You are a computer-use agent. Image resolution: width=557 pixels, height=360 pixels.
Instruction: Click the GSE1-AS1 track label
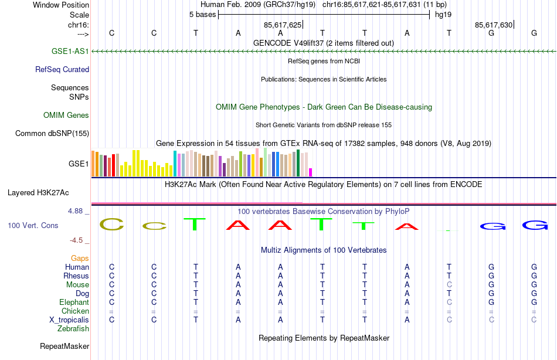[x=70, y=51]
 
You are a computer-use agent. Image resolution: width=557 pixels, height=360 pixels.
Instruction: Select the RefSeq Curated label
[x=62, y=69]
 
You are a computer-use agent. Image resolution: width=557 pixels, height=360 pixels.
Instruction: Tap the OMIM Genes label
[x=66, y=115]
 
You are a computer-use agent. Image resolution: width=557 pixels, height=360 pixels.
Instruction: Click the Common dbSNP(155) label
[x=52, y=133]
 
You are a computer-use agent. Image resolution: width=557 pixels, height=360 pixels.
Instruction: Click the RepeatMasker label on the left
[x=64, y=347]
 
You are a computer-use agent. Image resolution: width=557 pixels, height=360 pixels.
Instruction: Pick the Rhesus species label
[x=76, y=276]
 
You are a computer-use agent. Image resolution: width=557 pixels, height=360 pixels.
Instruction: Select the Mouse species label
[x=78, y=284]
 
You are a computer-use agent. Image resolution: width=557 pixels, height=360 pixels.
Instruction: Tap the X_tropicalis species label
[x=69, y=320]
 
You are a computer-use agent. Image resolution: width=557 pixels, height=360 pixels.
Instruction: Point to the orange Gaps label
[x=80, y=258]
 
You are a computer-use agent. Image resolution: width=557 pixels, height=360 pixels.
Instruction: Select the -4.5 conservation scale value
[x=80, y=240]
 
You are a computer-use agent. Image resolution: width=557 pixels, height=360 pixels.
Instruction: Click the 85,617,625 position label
[x=283, y=25]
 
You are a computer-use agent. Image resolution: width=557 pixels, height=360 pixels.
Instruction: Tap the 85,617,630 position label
[x=494, y=25]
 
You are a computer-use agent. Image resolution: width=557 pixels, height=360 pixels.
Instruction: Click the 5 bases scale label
[x=202, y=15]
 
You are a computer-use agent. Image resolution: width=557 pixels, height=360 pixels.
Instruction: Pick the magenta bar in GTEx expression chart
[x=311, y=172]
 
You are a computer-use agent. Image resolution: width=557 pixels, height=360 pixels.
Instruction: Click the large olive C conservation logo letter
[x=111, y=224]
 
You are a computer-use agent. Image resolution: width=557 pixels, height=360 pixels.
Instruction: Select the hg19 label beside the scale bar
[x=443, y=15]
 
